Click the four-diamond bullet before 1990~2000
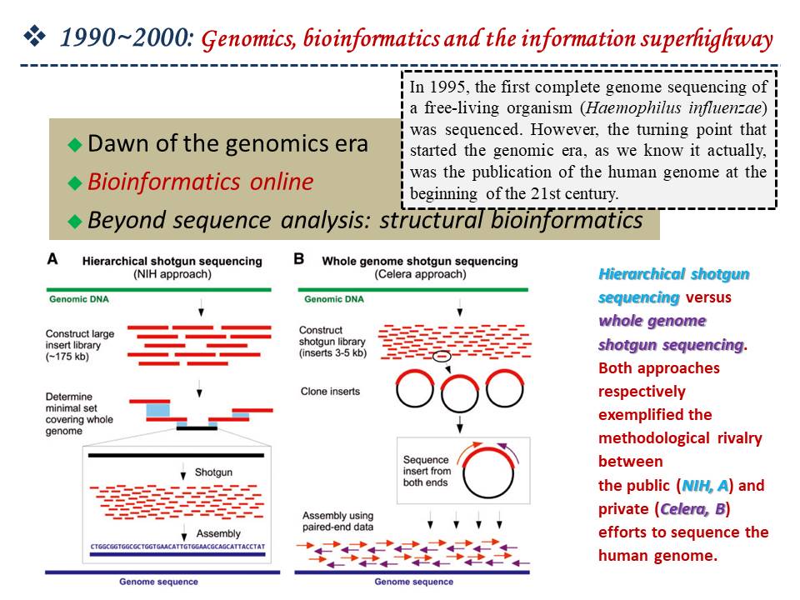point(35,37)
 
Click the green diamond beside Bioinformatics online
point(75,182)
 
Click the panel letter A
point(52,260)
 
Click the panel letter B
point(298,259)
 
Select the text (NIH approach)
point(172,274)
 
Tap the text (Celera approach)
point(420,274)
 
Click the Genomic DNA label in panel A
point(79,299)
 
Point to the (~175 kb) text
point(67,357)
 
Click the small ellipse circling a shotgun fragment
point(442,356)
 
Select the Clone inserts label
point(330,392)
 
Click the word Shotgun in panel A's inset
point(213,472)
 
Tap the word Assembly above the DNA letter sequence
point(218,533)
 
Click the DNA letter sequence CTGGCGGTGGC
point(177,547)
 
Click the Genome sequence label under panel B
point(414,582)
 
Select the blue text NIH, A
point(705,485)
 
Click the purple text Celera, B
point(692,508)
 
